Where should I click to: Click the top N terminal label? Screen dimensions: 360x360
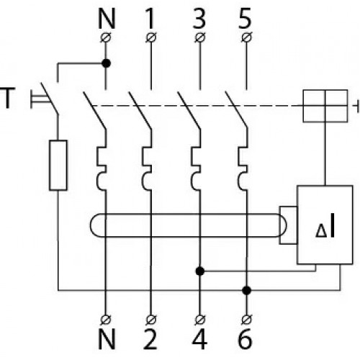107,19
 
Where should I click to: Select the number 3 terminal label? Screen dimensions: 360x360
199,19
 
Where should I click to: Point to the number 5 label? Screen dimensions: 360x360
245,19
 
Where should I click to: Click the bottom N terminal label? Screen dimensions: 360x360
107,339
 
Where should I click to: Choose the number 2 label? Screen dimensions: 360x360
150,339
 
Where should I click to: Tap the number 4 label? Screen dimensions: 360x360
199,339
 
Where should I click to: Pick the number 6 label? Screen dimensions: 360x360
245,339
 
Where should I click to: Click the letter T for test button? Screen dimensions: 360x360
8,98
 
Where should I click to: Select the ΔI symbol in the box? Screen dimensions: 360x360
325,228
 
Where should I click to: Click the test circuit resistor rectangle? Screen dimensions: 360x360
58,166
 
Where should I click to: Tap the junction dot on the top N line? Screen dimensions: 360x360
106,63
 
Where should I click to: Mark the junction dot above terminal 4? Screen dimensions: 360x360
200,271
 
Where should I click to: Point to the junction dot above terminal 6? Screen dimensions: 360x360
246,290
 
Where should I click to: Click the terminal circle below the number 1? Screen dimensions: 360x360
151,37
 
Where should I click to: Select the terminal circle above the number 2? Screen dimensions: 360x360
151,319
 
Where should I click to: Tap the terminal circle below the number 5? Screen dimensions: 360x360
246,37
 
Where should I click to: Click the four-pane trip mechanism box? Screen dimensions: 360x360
325,106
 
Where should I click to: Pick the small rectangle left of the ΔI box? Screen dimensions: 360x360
288,225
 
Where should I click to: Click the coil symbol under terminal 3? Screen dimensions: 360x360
197,168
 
